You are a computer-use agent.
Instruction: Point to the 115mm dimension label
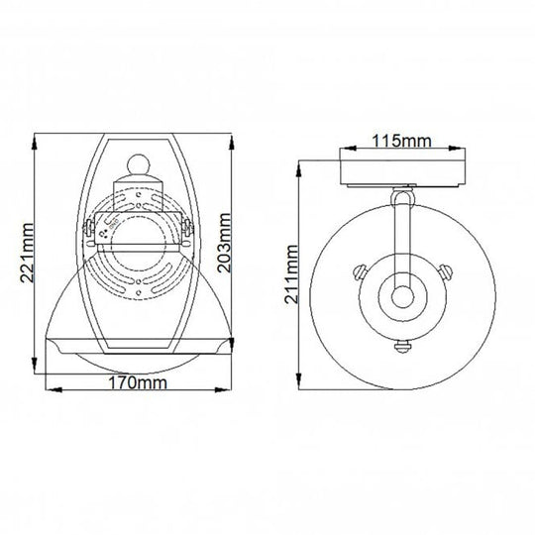pos(404,141)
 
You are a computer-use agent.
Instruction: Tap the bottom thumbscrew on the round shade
pos(402,346)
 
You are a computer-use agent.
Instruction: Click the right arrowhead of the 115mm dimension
pos(465,152)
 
